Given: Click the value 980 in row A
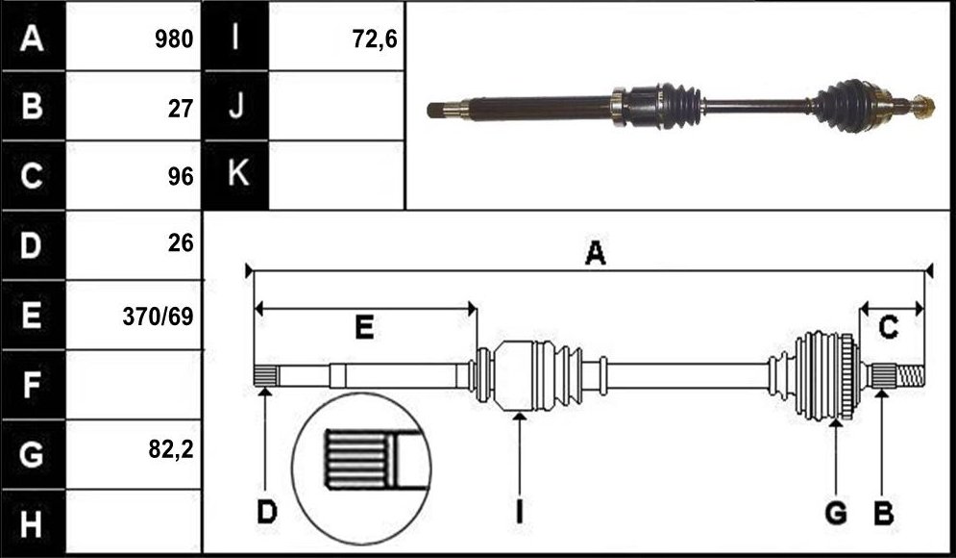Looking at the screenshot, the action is [x=174, y=39].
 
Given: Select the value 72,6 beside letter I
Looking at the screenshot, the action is [x=375, y=39].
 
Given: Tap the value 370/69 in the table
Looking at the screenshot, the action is [x=158, y=317].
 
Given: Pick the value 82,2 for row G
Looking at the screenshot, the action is [x=171, y=449].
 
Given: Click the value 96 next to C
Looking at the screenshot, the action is [x=181, y=176].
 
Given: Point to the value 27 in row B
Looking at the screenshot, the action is [x=181, y=108].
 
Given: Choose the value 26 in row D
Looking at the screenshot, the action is [x=181, y=243].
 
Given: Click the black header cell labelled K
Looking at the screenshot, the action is [x=235, y=175].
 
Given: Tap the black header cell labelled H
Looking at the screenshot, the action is [x=33, y=522].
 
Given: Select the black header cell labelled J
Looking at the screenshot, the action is [x=235, y=106].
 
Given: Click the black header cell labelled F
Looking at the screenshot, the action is [x=33, y=385].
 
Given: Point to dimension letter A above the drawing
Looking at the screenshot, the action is [x=595, y=253].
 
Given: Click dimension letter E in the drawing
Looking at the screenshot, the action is [x=364, y=328].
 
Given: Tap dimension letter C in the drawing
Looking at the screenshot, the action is [x=888, y=328].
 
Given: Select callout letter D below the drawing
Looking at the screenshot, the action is [x=266, y=512].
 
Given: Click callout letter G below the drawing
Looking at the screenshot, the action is [x=836, y=513].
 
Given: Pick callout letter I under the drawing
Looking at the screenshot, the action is [x=519, y=512].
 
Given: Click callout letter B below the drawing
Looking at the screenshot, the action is [x=883, y=513].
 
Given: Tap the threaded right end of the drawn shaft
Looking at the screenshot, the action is [x=911, y=375].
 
